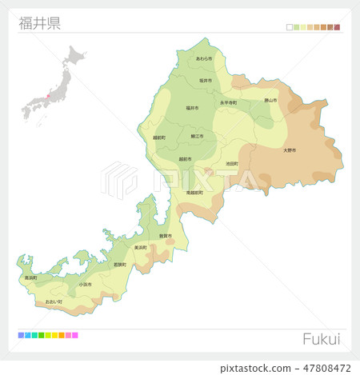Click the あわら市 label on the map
point(204,59)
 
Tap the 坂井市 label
point(205,81)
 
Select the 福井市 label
point(192,107)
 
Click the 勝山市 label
point(270,101)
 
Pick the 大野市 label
point(290,150)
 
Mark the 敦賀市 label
point(166,236)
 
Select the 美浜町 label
point(140,248)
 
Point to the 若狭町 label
point(120,265)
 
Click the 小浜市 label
point(85,284)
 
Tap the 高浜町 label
point(31,277)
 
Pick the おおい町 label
point(54,301)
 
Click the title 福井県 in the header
point(39,22)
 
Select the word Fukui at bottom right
point(321,338)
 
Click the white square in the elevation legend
point(290,27)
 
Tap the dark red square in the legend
point(338,27)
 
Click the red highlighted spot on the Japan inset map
point(46,97)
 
